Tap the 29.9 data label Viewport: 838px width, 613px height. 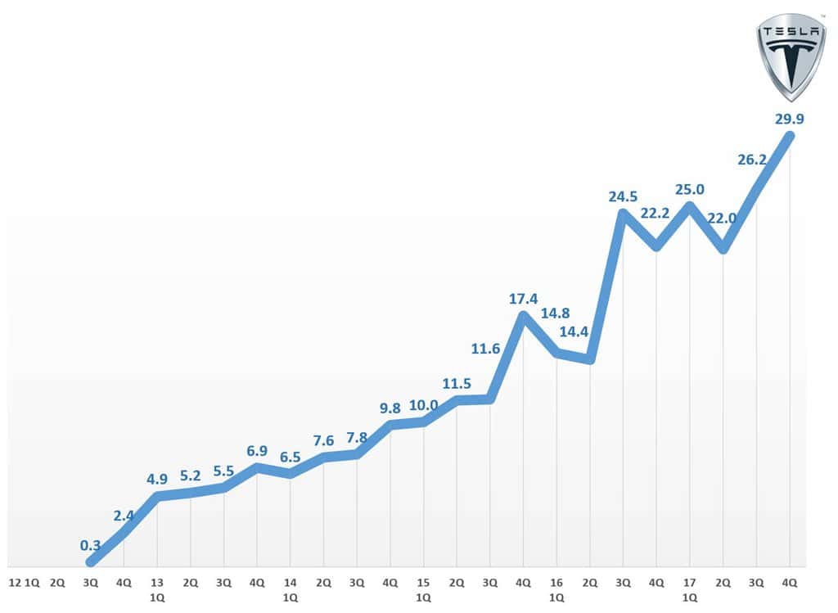tap(789, 119)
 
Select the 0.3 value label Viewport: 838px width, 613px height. tap(91, 545)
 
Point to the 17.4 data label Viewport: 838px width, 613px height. tap(523, 300)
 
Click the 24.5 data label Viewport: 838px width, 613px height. tap(623, 196)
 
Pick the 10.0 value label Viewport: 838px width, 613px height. tap(424, 404)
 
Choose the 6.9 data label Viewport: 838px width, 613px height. tap(257, 451)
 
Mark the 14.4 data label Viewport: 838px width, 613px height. tap(574, 332)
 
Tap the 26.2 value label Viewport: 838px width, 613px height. tap(752, 160)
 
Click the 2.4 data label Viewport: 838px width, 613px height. tap(124, 515)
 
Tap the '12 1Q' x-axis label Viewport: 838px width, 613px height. tap(24, 583)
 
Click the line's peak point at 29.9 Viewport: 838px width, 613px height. tap(790, 136)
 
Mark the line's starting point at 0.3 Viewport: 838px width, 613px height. tap(91, 562)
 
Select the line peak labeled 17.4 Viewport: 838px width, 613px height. tap(523, 316)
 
